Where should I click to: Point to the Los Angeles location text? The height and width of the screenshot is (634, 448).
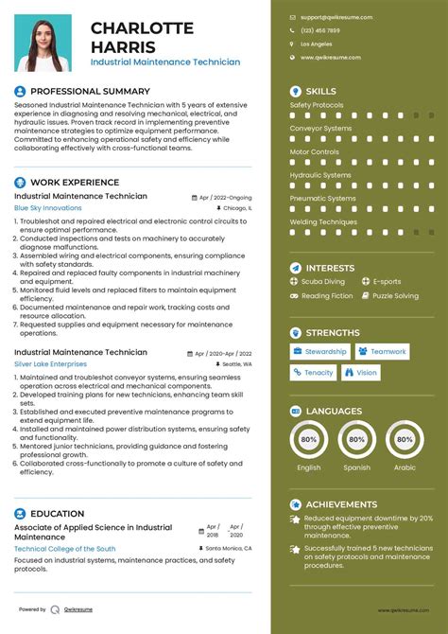(316, 44)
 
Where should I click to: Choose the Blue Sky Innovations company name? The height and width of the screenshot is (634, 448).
(48, 207)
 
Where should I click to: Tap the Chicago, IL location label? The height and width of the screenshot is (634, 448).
(236, 207)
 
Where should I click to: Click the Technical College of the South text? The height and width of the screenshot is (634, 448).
(65, 549)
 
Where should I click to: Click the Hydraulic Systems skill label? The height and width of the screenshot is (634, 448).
(320, 175)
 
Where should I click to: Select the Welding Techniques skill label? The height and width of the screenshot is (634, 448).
(323, 221)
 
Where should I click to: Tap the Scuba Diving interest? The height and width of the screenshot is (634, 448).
(323, 281)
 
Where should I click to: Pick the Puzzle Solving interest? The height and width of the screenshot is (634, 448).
(395, 296)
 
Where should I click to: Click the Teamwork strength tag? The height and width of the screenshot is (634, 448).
(388, 351)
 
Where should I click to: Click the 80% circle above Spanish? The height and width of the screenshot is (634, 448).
(356, 440)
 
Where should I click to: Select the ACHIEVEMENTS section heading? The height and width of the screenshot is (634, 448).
(341, 504)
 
